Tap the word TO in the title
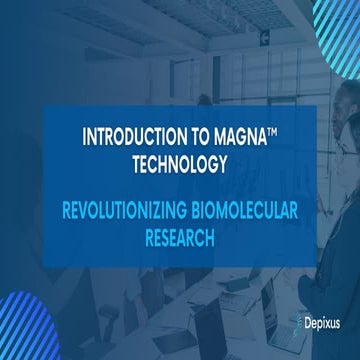196,135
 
